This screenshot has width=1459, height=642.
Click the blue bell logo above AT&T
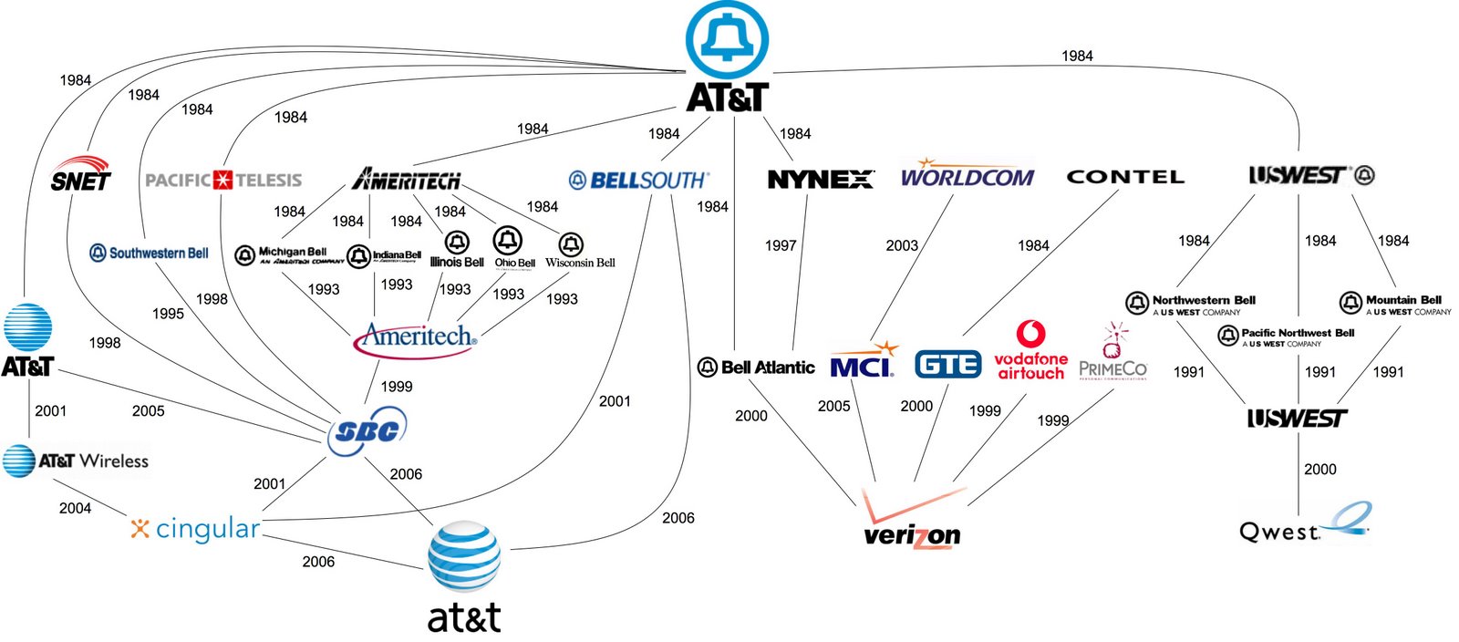tap(727, 38)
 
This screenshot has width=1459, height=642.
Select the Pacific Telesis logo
tap(223, 180)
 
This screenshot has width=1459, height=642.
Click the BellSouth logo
tap(638, 180)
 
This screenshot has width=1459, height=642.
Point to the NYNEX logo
tap(820, 180)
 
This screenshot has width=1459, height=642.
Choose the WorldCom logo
tap(967, 175)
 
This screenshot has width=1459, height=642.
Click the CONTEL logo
tap(1125, 177)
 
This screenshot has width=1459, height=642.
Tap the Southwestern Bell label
tap(150, 253)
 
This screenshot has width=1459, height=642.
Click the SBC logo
tap(367, 430)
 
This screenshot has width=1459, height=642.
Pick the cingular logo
tap(196, 528)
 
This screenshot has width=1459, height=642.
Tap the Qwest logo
tap(1304, 525)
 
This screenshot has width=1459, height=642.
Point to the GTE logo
tap(947, 365)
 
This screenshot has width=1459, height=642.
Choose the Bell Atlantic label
tap(757, 368)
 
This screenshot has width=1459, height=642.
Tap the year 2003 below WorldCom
tap(902, 245)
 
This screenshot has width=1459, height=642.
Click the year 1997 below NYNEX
tap(781, 245)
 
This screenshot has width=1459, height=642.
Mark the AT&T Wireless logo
tap(77, 461)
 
